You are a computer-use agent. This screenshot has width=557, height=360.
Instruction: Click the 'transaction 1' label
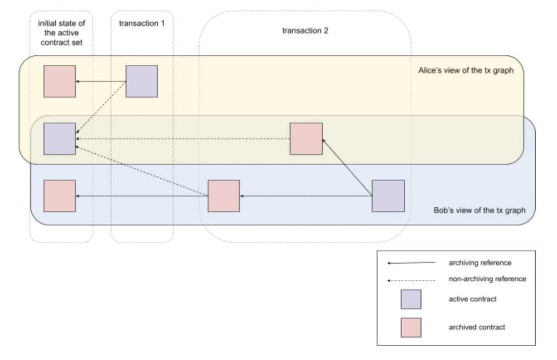point(141,23)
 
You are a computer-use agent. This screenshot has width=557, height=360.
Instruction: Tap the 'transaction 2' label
point(304,31)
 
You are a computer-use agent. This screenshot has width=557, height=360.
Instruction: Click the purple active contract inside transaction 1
point(142,81)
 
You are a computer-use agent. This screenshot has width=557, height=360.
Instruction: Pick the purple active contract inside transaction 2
point(388,196)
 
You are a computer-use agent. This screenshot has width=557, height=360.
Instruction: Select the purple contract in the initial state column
point(59,139)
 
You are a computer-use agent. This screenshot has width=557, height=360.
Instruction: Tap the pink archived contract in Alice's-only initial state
point(59,81)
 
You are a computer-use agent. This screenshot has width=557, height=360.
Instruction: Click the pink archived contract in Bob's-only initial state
point(59,196)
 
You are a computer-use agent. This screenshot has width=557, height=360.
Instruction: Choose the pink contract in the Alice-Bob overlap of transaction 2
point(306,139)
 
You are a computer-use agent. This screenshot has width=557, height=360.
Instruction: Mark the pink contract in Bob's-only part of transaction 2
point(224,196)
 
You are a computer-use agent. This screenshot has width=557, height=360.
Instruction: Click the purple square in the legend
point(411,299)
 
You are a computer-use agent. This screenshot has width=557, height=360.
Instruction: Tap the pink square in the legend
point(411,327)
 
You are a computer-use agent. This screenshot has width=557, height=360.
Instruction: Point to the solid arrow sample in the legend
point(411,263)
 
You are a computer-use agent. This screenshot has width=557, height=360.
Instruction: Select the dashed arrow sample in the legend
point(411,279)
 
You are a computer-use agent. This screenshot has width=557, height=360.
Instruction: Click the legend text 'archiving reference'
point(480,263)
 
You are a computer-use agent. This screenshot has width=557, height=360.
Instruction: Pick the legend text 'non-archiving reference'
point(487,279)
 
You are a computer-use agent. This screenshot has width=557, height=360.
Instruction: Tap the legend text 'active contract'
point(473,299)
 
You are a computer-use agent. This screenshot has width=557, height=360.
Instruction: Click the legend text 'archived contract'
point(477,327)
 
